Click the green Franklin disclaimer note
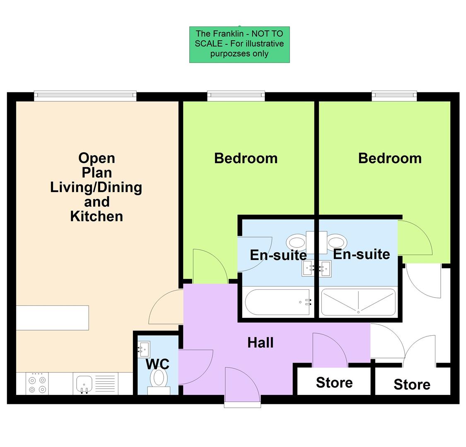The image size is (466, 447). coord(239,45)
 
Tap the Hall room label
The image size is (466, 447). coord(261,343)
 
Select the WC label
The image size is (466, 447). coord(158,364)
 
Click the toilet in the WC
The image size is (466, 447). coord(159,379)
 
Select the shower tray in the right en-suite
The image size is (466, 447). coord(358,302)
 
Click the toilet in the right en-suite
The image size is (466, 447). coord(336,241)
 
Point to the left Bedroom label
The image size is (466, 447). coord(246,158)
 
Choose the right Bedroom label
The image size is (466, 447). coord(390,158)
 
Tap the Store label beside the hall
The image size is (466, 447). coord(334,382)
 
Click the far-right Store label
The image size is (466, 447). coord(412,385)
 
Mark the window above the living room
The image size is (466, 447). coord(85,96)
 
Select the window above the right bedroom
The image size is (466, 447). coord(394,96)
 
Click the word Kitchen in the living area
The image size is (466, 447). coord(97,216)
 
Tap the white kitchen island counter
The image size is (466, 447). coord(52,317)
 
